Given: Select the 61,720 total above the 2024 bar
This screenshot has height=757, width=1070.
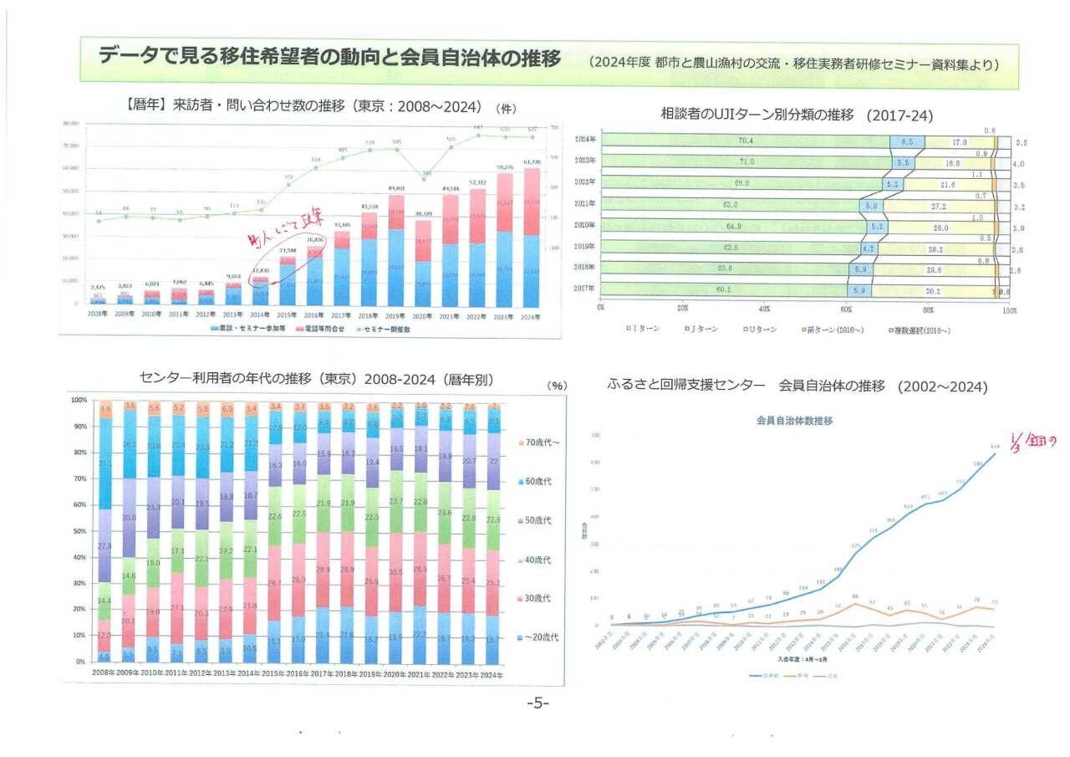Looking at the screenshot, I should pyautogui.click(x=532, y=161).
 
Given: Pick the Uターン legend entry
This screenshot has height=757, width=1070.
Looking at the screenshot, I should pyautogui.click(x=760, y=330).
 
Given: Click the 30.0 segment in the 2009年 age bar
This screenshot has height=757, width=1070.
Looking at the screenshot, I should pyautogui.click(x=129, y=519).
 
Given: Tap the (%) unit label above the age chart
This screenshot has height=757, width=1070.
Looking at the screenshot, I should pyautogui.click(x=557, y=386).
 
